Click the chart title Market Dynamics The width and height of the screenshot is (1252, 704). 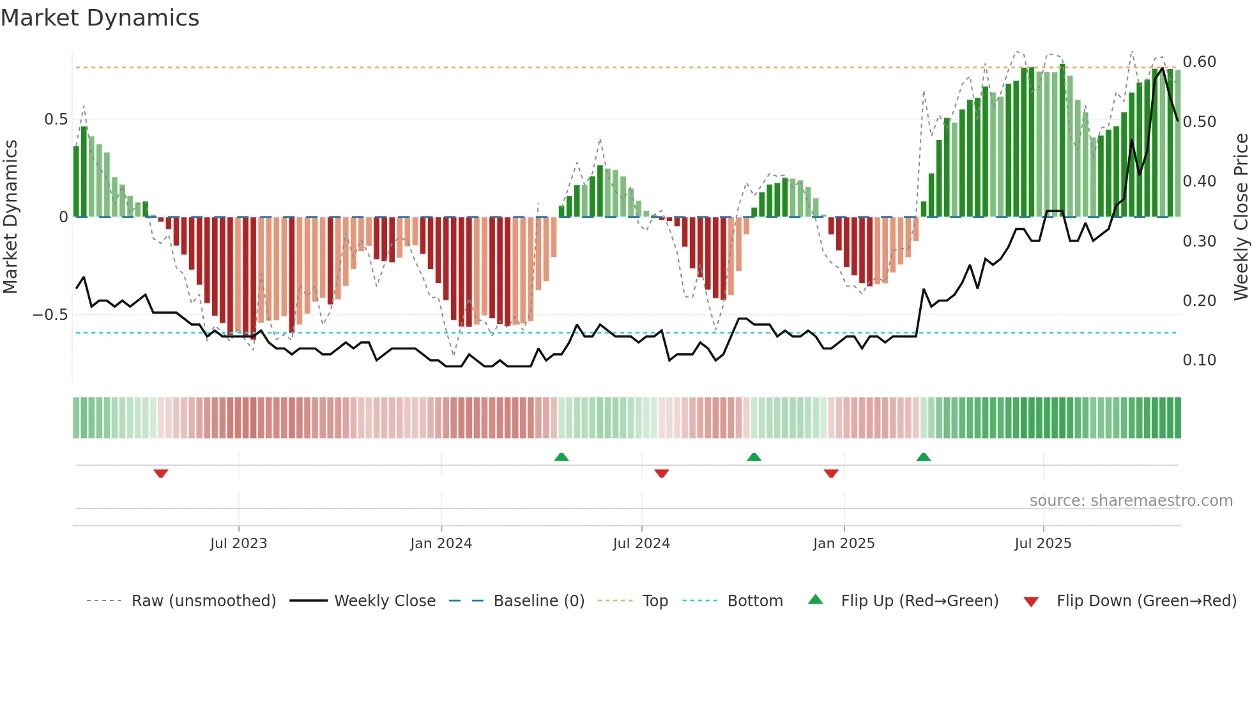click(100, 18)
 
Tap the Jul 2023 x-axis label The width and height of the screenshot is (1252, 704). click(238, 544)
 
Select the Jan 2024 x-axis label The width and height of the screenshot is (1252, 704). click(441, 544)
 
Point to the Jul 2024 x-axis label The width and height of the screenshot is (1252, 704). click(641, 544)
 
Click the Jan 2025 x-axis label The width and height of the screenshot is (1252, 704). click(844, 544)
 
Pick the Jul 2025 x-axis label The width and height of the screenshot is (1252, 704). click(1043, 544)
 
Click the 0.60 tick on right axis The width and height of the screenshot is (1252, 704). click(1199, 62)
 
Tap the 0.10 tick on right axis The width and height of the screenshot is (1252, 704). click(1199, 360)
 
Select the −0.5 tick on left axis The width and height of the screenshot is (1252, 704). click(50, 315)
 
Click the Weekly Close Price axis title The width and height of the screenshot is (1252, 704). click(1241, 217)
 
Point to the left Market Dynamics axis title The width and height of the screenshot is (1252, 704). click(10, 217)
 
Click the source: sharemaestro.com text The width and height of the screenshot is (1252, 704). click(1131, 501)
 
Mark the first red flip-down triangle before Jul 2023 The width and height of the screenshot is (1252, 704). click(161, 473)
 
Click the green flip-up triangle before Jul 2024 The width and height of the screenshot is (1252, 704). click(561, 457)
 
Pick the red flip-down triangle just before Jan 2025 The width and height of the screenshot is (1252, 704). click(831, 473)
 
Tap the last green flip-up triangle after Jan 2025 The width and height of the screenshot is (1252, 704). click(924, 457)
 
